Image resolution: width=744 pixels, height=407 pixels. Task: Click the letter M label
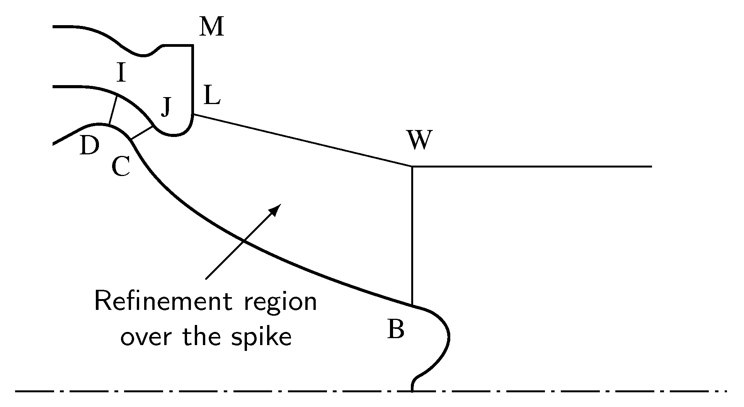click(212, 27)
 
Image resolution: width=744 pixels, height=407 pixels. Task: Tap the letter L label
click(212, 96)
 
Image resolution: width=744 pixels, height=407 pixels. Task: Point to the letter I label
click(121, 74)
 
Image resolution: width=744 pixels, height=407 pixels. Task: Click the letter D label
click(89, 146)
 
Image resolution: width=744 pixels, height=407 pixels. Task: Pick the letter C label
click(121, 168)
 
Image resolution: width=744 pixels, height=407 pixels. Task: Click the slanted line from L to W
click(301, 140)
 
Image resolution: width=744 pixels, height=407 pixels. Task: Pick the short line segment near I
click(113, 110)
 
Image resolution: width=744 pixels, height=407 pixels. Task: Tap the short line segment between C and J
click(142, 132)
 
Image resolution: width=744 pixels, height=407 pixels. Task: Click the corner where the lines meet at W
click(412, 166)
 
